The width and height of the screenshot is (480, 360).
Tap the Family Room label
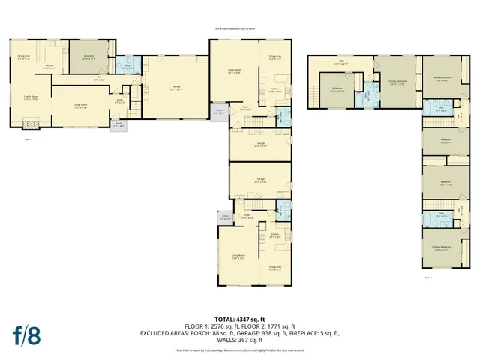(30, 97)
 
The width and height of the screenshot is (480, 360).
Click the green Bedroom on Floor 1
(88, 57)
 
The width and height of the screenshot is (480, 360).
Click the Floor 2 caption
(427, 276)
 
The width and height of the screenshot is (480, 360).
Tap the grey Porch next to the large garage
(220, 112)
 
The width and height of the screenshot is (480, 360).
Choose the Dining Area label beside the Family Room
(23, 56)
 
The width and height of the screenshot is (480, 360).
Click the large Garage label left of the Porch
(176, 88)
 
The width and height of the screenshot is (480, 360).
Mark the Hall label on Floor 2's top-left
(340, 62)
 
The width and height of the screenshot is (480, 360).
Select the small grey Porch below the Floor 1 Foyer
(118, 124)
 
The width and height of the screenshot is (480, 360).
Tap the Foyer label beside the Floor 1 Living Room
(118, 101)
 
